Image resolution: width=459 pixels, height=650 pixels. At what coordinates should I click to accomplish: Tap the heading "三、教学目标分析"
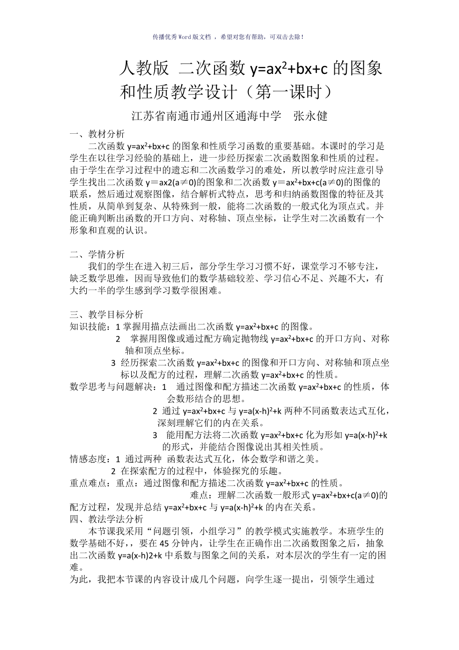[106, 315]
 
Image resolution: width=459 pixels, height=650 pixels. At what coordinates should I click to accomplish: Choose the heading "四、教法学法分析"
[106, 519]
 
